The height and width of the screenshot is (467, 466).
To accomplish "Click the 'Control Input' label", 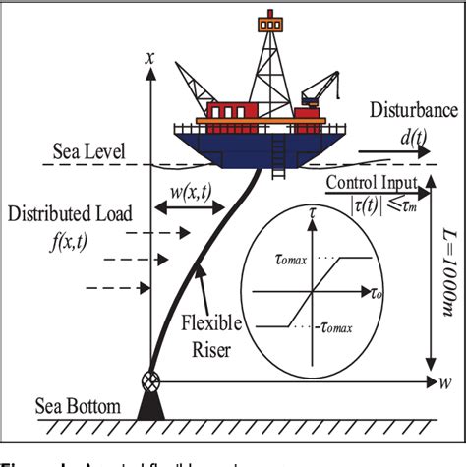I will [371, 184].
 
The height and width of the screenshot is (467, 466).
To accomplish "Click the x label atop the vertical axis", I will [149, 59].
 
